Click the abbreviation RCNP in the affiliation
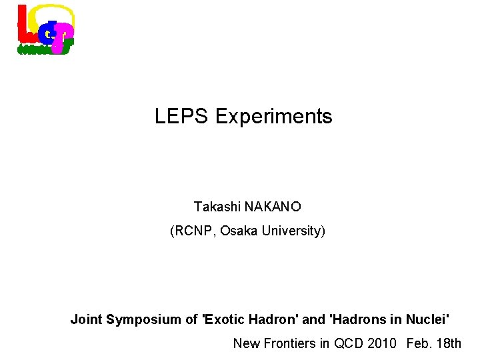coord(193,231)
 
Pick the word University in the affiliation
coord(293,231)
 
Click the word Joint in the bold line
coord(87,319)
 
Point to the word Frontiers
coord(288,343)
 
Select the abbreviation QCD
coord(349,343)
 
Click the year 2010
coord(382,343)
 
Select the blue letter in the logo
coord(46,30)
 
